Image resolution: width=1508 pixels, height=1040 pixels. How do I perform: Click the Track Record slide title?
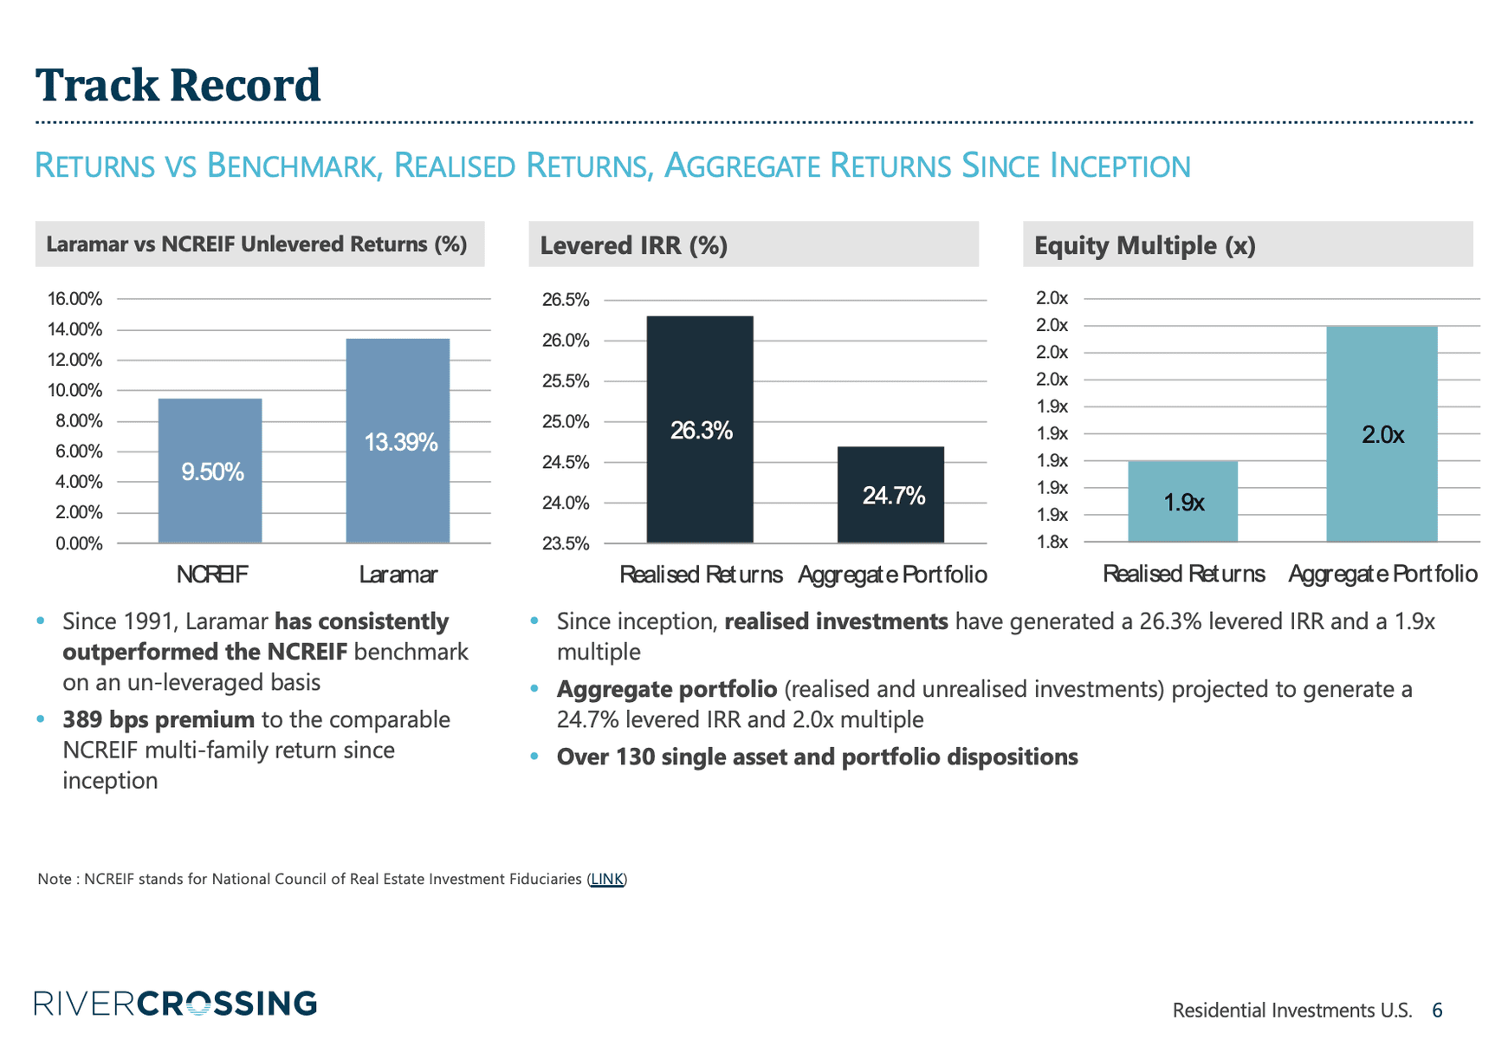178,86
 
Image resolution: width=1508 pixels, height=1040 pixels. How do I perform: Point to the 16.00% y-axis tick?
74,299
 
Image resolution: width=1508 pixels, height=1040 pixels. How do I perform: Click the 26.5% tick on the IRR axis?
566,300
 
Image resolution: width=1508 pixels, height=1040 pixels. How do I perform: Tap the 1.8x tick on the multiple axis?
1052,543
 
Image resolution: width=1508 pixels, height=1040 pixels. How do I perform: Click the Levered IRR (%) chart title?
633,245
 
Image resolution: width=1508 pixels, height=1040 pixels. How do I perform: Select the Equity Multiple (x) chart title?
1144,245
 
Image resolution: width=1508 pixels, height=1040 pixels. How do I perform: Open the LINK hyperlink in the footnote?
606,879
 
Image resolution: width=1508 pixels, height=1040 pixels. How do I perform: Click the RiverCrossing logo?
176,1004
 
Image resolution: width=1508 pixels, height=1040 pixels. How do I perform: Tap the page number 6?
1437,1010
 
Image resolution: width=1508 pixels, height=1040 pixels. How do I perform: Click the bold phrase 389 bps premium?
159,719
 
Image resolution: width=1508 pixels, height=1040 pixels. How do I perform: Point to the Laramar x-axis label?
398,575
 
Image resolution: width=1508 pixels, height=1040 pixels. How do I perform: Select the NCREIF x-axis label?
211,575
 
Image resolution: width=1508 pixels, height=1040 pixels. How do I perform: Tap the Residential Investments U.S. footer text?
1291,1010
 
